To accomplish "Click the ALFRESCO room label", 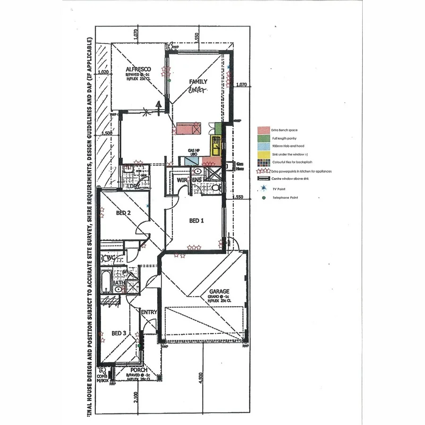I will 138,69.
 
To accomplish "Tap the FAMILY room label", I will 198,81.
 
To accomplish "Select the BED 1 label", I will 197,221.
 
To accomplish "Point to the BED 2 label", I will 123,213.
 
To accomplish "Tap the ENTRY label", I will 149,312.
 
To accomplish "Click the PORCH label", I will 139,370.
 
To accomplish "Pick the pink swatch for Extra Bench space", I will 263,129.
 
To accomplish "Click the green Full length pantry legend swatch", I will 263,138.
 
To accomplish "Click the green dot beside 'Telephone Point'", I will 263,197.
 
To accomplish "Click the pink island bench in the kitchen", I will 188,128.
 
